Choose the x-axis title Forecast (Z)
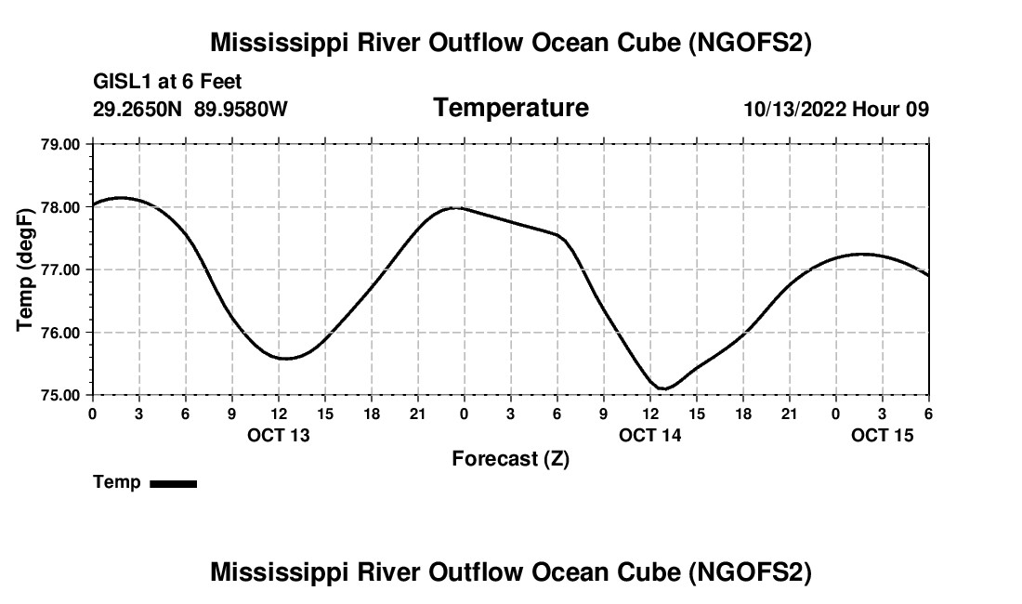point(510,458)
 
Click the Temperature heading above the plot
point(511,108)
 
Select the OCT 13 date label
point(279,435)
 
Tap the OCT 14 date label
point(650,435)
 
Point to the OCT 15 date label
point(883,435)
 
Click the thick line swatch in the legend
point(173,483)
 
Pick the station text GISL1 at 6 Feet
point(167,83)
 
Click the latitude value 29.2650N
point(138,110)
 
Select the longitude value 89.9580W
point(241,110)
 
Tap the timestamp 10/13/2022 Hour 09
point(836,110)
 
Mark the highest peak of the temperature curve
point(122,198)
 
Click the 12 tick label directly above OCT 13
point(279,413)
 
